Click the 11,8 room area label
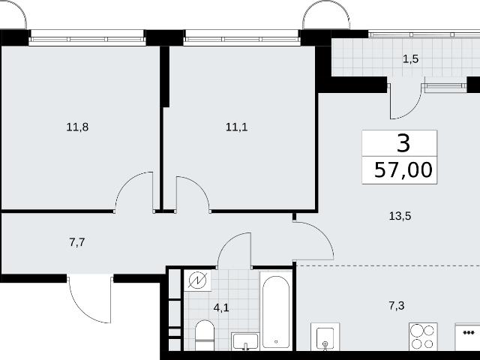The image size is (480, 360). point(77,127)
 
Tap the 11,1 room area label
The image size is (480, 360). point(237,127)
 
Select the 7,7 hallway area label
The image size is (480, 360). point(77,242)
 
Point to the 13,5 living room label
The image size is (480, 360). point(400,216)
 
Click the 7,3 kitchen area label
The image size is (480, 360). point(397,305)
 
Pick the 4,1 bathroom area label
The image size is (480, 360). point(221,307)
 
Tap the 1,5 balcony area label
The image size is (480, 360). point(410,58)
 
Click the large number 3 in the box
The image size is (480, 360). point(403,143)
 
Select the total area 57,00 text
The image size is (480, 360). point(403,170)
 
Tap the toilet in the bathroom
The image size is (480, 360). point(205,335)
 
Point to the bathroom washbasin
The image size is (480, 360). point(245,342)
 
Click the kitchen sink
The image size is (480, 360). point(325,337)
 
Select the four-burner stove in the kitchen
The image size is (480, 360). point(423,337)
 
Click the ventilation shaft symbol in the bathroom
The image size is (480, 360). point(197,280)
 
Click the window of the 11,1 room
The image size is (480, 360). point(241,38)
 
